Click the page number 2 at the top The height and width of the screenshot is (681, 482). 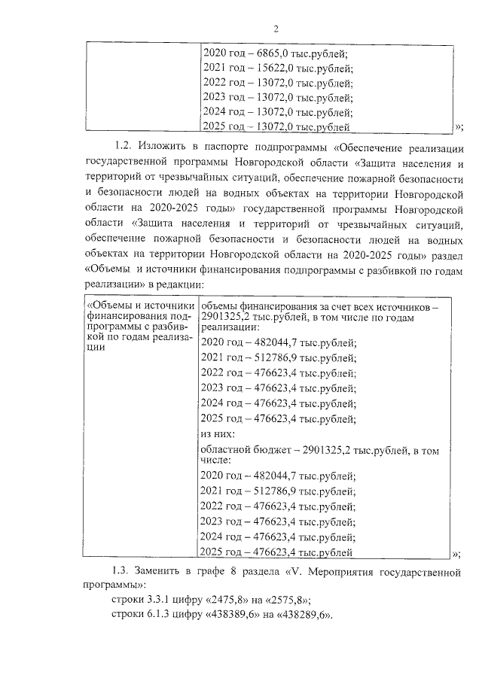pos(276,29)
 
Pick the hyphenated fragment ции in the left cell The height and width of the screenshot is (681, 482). pos(96,357)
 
